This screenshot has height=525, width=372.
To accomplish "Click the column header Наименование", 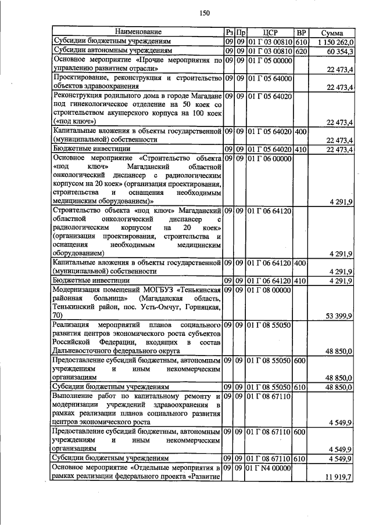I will (138, 32).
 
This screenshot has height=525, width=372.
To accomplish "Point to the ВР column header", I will (301, 32).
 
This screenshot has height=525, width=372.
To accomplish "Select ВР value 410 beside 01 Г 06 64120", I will (301, 281).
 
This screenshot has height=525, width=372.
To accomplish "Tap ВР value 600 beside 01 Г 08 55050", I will (301, 360).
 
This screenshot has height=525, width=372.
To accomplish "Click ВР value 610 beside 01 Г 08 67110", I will (301, 458).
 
